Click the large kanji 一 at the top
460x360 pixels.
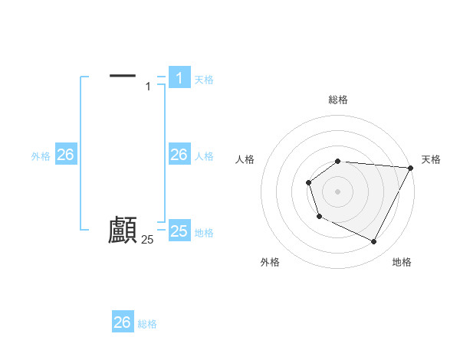(x=123, y=75)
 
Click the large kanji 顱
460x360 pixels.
(x=123, y=231)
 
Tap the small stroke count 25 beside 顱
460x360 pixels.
(x=147, y=240)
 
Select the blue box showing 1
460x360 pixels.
(x=179, y=77)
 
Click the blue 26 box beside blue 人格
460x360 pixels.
(x=179, y=155)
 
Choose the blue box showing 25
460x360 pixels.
(x=179, y=231)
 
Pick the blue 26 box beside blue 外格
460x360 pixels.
(x=65, y=155)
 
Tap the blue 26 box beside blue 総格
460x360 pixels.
(x=122, y=322)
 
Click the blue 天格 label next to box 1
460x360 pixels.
(x=204, y=79)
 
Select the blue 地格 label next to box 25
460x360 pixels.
(x=204, y=233)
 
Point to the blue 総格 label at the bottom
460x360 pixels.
(x=147, y=324)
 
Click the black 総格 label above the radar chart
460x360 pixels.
(x=338, y=100)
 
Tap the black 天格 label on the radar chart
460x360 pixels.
(x=432, y=159)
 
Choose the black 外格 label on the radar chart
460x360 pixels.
(x=270, y=262)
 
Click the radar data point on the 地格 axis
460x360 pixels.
(x=374, y=242)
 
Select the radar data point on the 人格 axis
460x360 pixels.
(x=308, y=182)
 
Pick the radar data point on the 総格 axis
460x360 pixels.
(x=338, y=161)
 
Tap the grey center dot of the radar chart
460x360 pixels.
(x=338, y=191)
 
